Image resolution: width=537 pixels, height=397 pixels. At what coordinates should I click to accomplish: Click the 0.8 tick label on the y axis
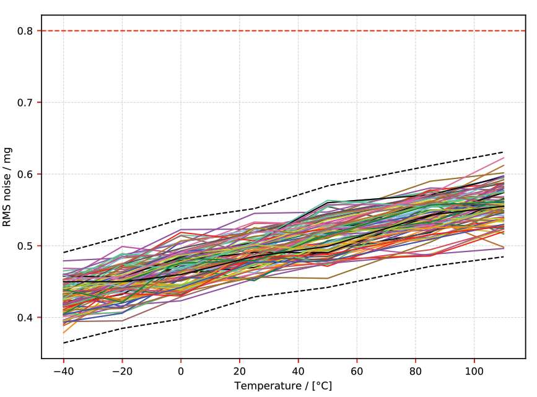28,31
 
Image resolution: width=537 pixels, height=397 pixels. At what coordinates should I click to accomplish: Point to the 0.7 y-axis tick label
28,103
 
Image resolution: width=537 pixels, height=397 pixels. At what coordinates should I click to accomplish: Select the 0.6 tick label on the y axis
28,175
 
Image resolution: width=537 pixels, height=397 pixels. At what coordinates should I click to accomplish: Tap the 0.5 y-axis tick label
28,246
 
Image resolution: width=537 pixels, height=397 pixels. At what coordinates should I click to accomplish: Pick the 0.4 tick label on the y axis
28,318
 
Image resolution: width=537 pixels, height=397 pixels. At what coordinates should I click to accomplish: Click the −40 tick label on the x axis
63,369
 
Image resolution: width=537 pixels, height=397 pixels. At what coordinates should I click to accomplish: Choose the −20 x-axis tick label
122,369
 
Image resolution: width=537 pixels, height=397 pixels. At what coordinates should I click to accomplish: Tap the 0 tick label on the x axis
181,369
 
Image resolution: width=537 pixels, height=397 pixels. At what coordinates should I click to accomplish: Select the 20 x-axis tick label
240,369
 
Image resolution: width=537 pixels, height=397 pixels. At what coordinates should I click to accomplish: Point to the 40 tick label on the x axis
298,369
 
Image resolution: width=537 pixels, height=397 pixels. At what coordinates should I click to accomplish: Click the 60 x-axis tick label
357,369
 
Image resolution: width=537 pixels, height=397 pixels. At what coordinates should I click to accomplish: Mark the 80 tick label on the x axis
416,369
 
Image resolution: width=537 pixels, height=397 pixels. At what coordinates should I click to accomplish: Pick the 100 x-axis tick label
474,369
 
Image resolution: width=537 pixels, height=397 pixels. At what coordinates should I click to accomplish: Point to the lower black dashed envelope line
372,279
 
